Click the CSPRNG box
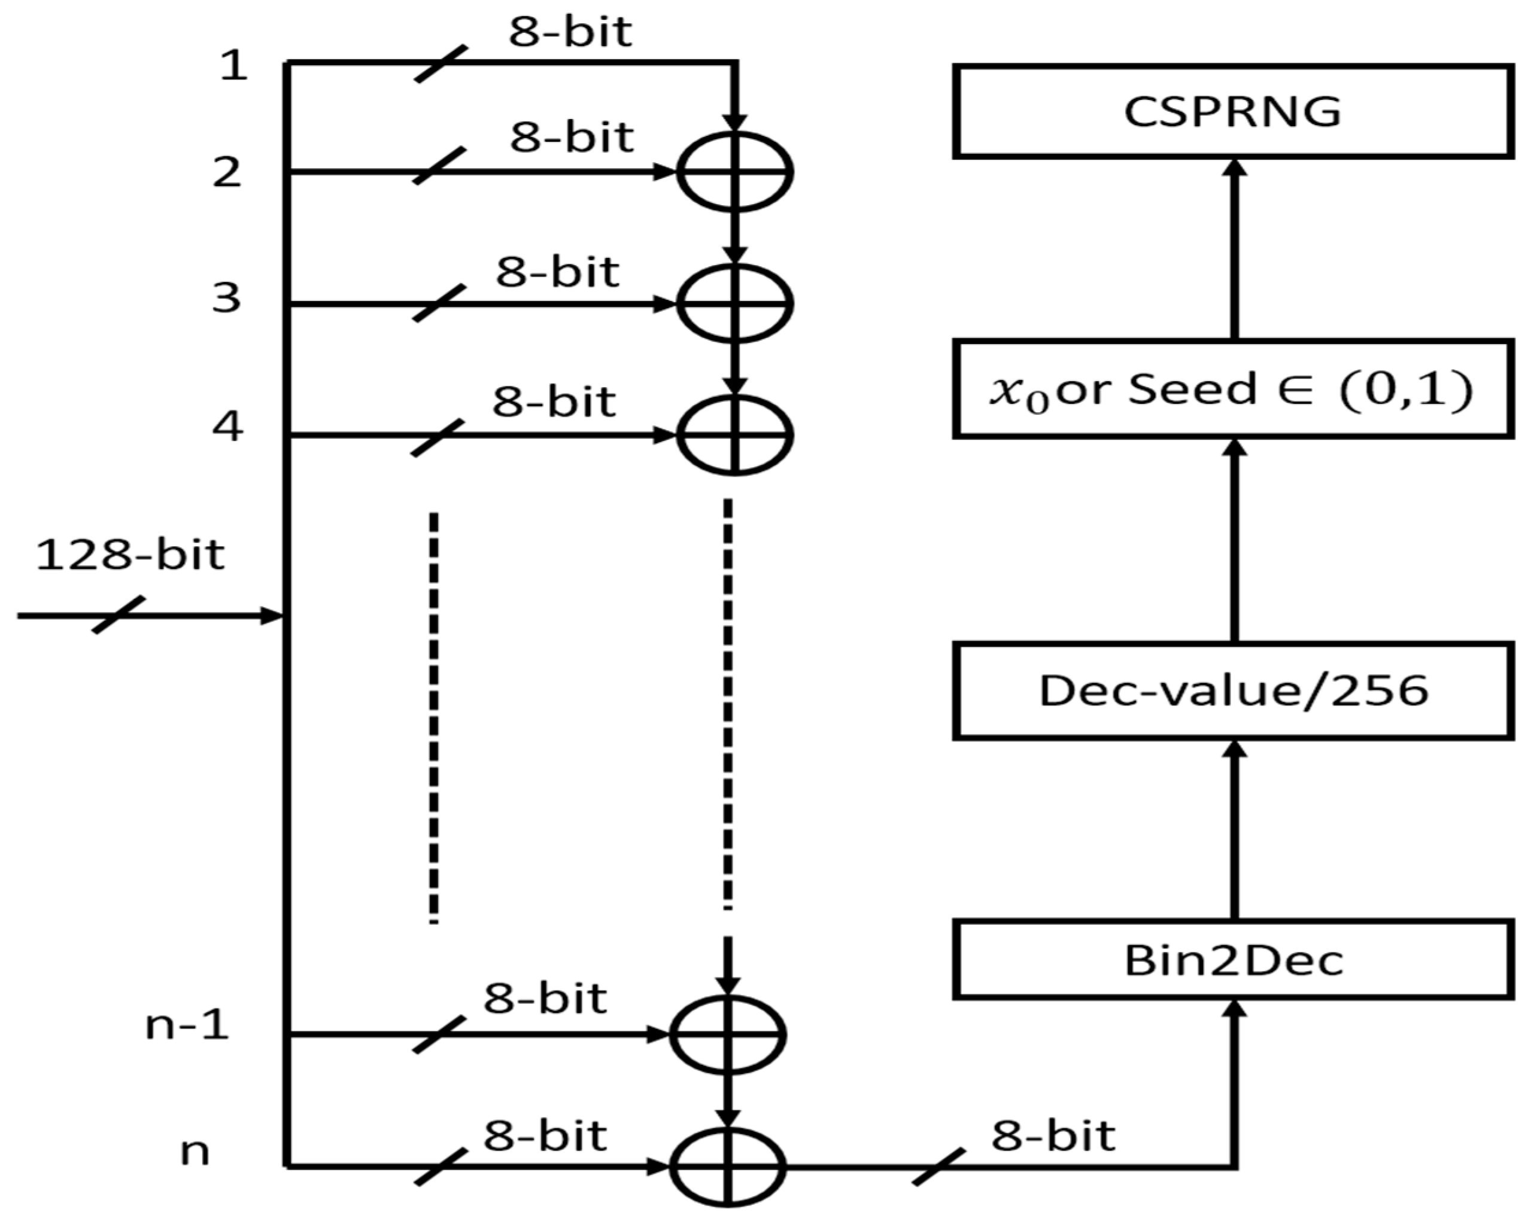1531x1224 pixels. [x=1233, y=111]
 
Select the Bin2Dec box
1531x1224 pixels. [x=1233, y=961]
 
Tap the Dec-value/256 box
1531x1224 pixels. [x=1233, y=691]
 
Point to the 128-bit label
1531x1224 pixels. [x=130, y=555]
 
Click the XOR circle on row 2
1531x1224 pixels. [x=735, y=172]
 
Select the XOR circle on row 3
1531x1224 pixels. [x=735, y=303]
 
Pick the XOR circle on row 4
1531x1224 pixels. [x=735, y=434]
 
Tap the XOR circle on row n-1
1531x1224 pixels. [x=728, y=1034]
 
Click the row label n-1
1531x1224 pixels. [x=187, y=1025]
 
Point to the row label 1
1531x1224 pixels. [x=233, y=66]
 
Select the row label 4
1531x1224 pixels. [x=227, y=427]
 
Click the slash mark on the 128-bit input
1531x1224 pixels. [x=119, y=615]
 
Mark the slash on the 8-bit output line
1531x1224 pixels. [x=938, y=1167]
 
